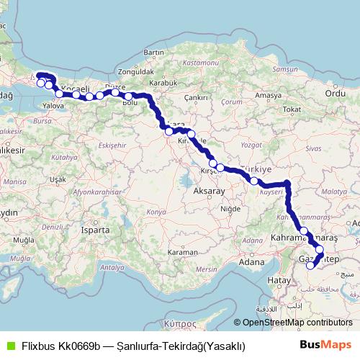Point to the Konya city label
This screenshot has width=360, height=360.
[156, 212]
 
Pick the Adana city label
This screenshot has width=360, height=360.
[252, 262]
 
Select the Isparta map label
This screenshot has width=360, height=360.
[95, 230]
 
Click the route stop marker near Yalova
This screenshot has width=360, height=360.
[59, 94]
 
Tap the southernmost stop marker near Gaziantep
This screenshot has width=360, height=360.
[310, 265]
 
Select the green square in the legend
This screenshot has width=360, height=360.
[9, 345]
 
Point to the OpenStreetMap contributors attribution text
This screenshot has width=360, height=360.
[297, 323]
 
